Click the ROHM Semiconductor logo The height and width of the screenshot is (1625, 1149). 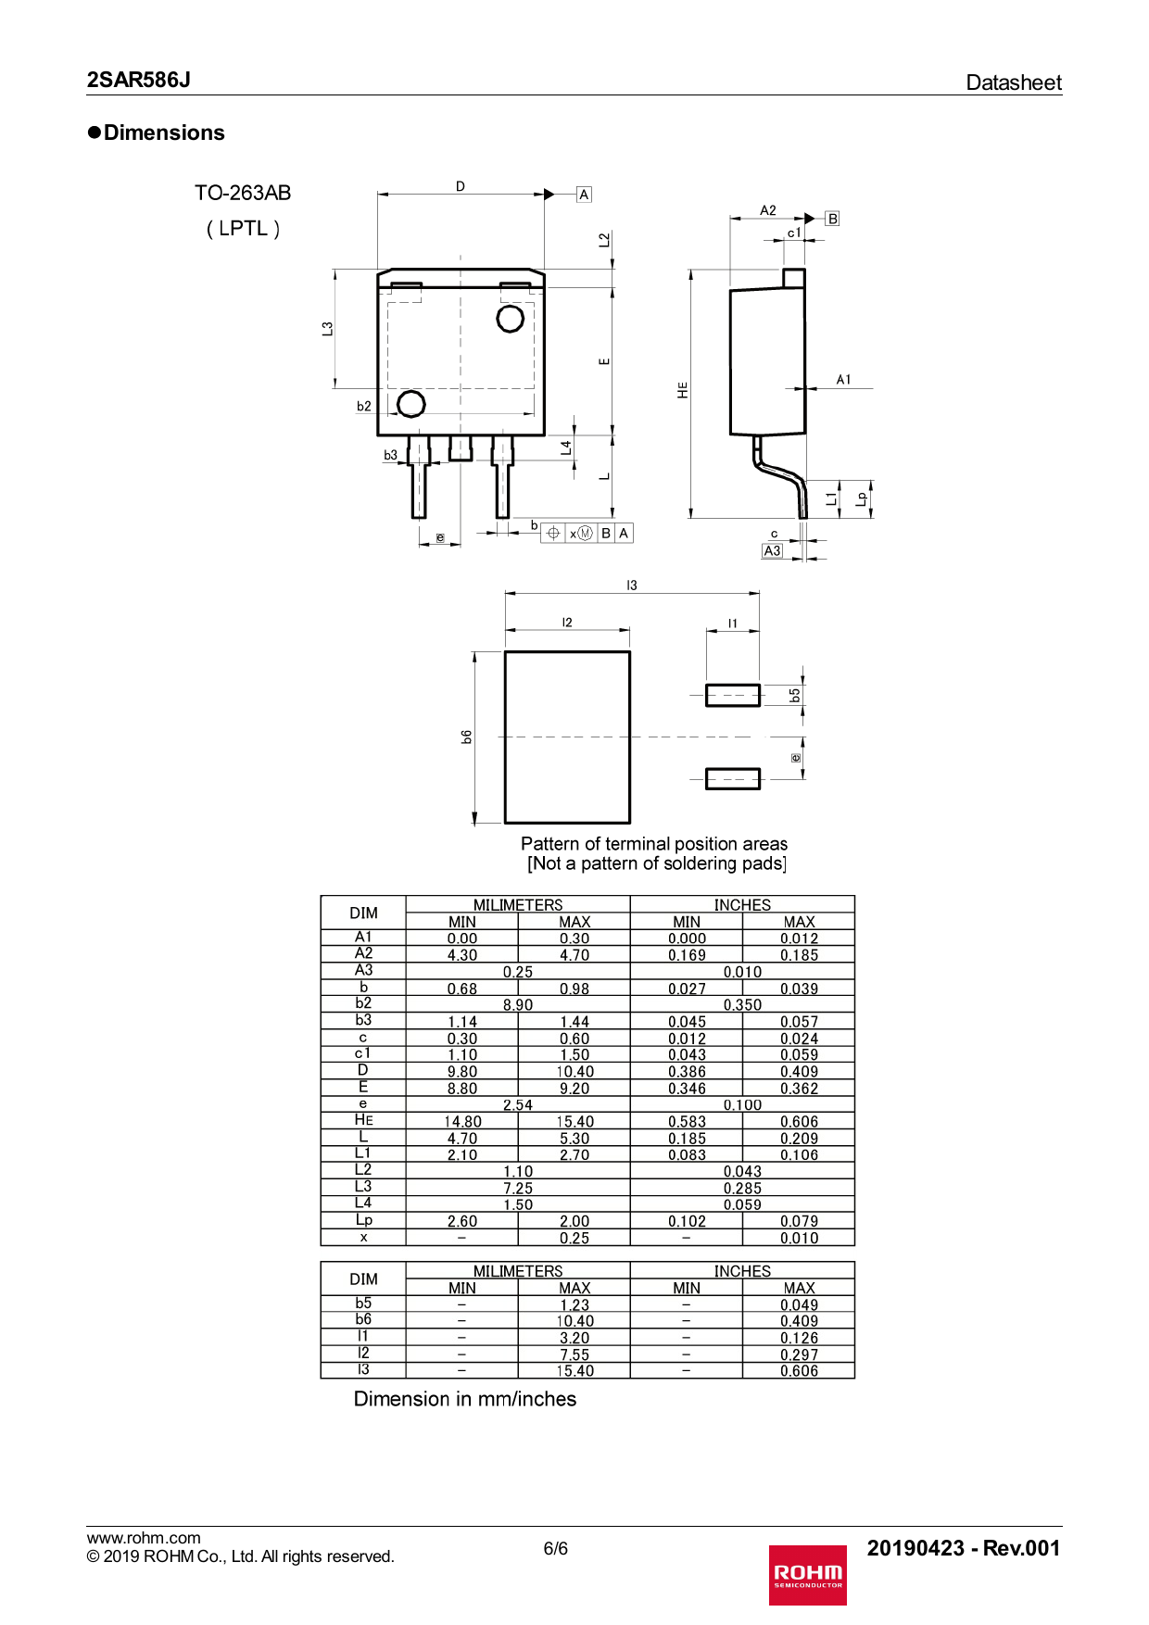click(807, 1574)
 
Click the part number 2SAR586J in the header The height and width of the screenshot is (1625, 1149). click(139, 80)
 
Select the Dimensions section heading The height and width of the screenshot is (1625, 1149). click(157, 132)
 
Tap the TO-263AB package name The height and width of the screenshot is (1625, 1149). click(243, 193)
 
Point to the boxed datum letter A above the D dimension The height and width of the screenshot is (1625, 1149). click(584, 195)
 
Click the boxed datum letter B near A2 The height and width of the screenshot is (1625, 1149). click(832, 219)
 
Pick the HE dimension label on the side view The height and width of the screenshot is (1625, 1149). click(683, 390)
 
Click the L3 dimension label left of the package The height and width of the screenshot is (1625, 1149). click(327, 329)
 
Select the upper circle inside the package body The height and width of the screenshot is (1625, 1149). click(511, 319)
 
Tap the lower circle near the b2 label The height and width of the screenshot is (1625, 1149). click(411, 404)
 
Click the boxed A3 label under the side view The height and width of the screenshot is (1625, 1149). click(772, 550)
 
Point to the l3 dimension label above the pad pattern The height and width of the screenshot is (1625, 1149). click(631, 586)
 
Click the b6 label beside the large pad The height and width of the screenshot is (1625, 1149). click(467, 737)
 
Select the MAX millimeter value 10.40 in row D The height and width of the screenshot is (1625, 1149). click(574, 1072)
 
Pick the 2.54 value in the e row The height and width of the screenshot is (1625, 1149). click(518, 1105)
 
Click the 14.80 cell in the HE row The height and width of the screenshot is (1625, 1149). click(462, 1122)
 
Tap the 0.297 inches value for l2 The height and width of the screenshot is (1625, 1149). click(799, 1354)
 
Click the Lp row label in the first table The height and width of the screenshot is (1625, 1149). click(363, 1220)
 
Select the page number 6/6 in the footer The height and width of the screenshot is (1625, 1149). click(556, 1548)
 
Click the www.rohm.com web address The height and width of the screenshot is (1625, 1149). click(144, 1538)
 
